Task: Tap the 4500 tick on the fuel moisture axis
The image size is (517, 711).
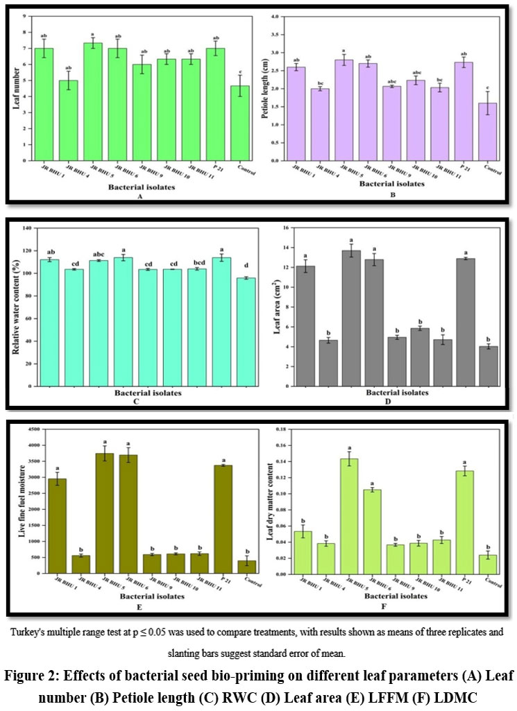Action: [x=30, y=430]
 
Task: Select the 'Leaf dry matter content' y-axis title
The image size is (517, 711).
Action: [x=266, y=502]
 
